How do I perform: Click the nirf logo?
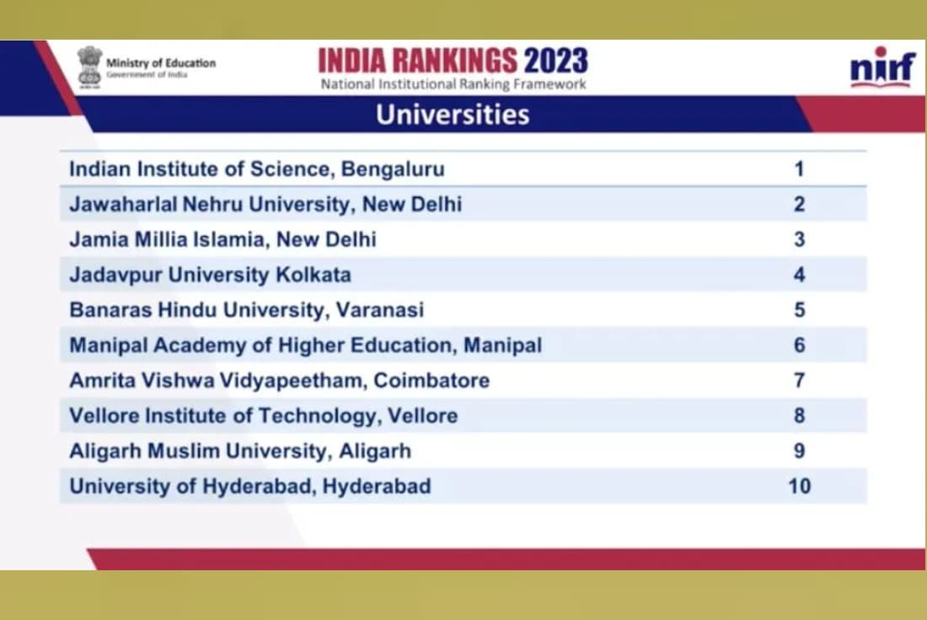[x=882, y=67]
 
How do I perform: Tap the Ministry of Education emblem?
[x=89, y=66]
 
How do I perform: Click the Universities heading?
[x=453, y=115]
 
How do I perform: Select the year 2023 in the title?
[x=555, y=61]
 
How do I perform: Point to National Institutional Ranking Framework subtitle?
[x=453, y=84]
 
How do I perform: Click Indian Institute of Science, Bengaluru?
[x=256, y=169]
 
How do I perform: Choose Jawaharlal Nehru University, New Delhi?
[x=265, y=204]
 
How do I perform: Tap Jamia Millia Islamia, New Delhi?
[x=222, y=240]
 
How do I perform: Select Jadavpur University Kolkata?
[x=210, y=275]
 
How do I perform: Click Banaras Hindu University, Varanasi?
[x=246, y=310]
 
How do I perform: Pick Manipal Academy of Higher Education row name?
[x=305, y=345]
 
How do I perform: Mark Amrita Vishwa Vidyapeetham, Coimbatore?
[x=279, y=380]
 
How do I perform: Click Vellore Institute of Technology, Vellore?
[x=263, y=416]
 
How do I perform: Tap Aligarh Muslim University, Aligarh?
[x=240, y=451]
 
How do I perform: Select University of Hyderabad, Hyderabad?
[x=249, y=487]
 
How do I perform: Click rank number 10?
[x=799, y=487]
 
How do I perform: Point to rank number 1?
[x=799, y=169]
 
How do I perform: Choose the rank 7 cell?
[x=799, y=380]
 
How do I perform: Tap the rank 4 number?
[x=799, y=275]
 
